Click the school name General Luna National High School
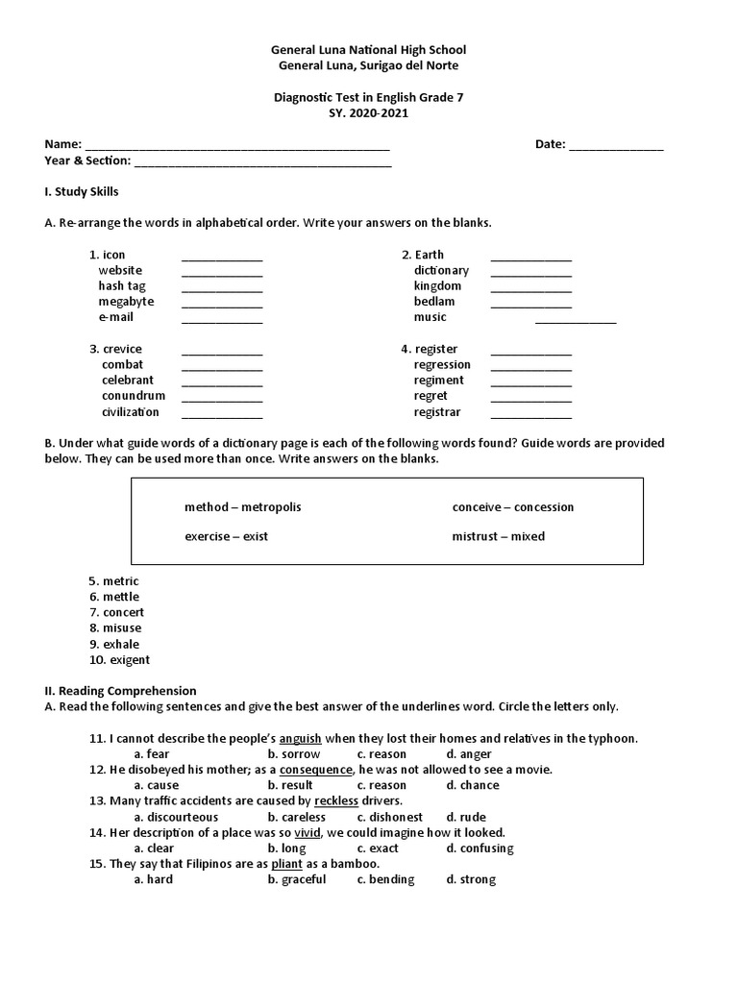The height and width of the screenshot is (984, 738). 368,49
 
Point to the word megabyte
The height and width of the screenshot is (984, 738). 126,302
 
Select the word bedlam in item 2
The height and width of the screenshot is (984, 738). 434,302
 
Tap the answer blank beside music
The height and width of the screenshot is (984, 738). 576,322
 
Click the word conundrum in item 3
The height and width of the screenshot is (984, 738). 134,396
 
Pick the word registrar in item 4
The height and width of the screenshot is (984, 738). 437,412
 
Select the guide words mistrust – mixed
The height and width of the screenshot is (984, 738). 498,536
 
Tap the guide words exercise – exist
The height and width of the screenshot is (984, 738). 226,536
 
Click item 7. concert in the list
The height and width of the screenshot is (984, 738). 116,612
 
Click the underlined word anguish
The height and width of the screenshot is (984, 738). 300,739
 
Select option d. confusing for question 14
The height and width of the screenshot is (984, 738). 480,849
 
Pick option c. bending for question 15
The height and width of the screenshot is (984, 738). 385,879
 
